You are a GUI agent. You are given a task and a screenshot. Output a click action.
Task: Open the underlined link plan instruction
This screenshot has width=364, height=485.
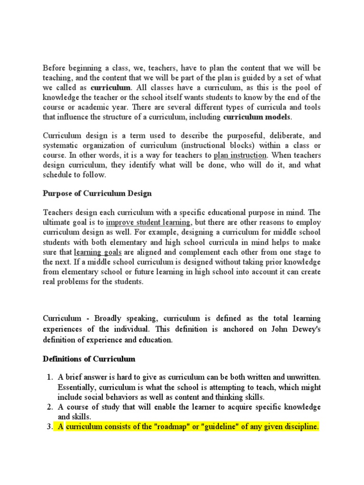pyautogui.click(x=240, y=155)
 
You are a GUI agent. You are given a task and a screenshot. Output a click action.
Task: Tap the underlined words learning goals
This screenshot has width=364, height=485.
pyautogui.click(x=93, y=252)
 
